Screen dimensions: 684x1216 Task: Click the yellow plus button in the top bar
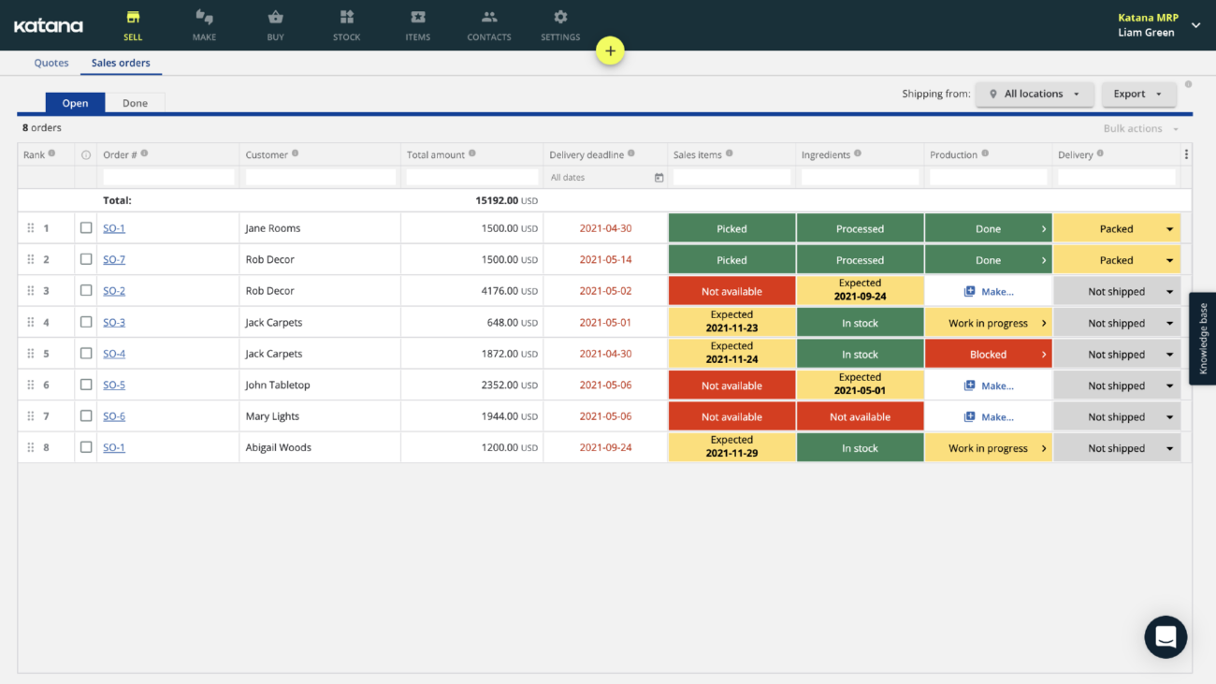(610, 51)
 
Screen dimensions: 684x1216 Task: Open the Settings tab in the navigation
(560, 25)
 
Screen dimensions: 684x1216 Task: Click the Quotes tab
(51, 63)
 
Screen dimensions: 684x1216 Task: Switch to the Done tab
(135, 103)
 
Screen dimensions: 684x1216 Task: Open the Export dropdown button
(1137, 94)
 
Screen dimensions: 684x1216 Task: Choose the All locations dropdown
(1034, 94)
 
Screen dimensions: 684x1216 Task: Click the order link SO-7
(114, 260)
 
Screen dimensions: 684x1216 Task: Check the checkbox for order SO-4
(86, 354)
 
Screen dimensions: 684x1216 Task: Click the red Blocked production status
(988, 355)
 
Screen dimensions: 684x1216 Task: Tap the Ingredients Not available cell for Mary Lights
(860, 417)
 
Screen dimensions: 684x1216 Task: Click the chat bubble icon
(1165, 637)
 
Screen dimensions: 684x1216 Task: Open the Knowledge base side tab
(1203, 339)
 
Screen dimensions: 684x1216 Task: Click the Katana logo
(49, 26)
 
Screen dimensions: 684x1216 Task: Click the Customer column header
(267, 154)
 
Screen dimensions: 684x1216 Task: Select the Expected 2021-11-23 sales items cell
(731, 323)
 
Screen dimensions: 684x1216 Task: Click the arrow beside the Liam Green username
(1195, 26)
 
